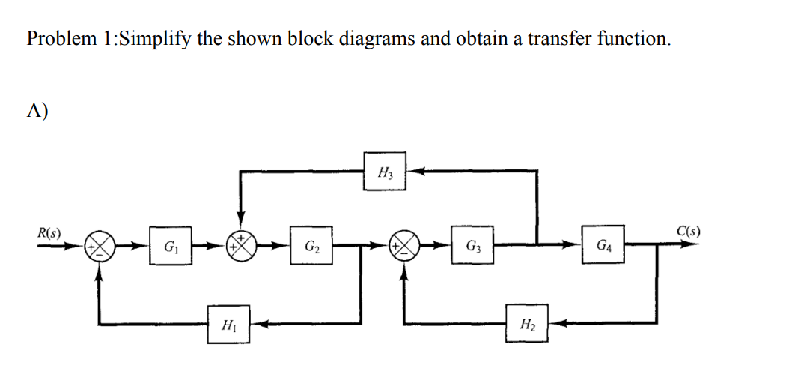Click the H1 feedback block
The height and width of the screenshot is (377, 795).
coord(227,325)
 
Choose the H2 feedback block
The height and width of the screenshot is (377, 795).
coord(526,325)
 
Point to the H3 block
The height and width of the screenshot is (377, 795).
coord(385,173)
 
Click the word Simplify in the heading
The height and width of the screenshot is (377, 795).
coord(154,40)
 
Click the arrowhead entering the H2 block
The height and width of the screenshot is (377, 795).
coord(557,325)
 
